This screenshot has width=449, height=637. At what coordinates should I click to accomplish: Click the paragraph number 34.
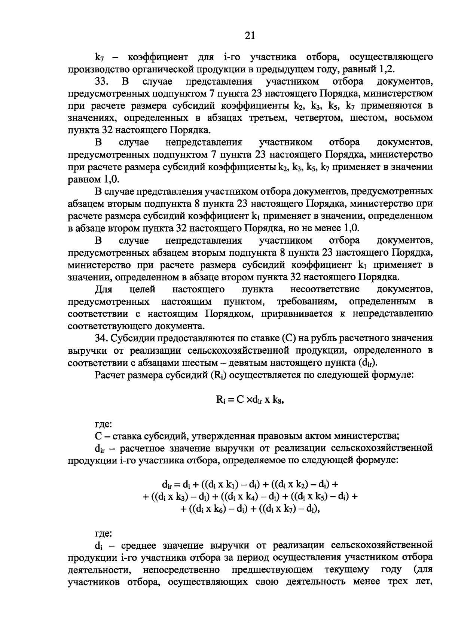102,338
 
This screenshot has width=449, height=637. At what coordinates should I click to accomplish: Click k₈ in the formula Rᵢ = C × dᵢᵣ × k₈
278,399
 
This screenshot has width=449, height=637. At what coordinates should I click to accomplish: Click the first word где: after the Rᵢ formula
103,424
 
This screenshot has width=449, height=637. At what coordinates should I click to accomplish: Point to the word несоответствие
325,289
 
